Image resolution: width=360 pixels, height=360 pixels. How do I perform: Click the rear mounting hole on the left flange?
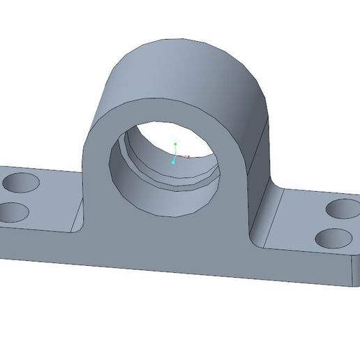(x=22, y=184)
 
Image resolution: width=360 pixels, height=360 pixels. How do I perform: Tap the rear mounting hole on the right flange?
(x=343, y=208)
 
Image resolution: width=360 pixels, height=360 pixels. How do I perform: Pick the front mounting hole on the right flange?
(x=333, y=239)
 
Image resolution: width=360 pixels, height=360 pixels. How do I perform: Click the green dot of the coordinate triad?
(x=176, y=144)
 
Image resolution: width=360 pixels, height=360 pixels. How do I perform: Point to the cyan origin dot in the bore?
(x=174, y=162)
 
